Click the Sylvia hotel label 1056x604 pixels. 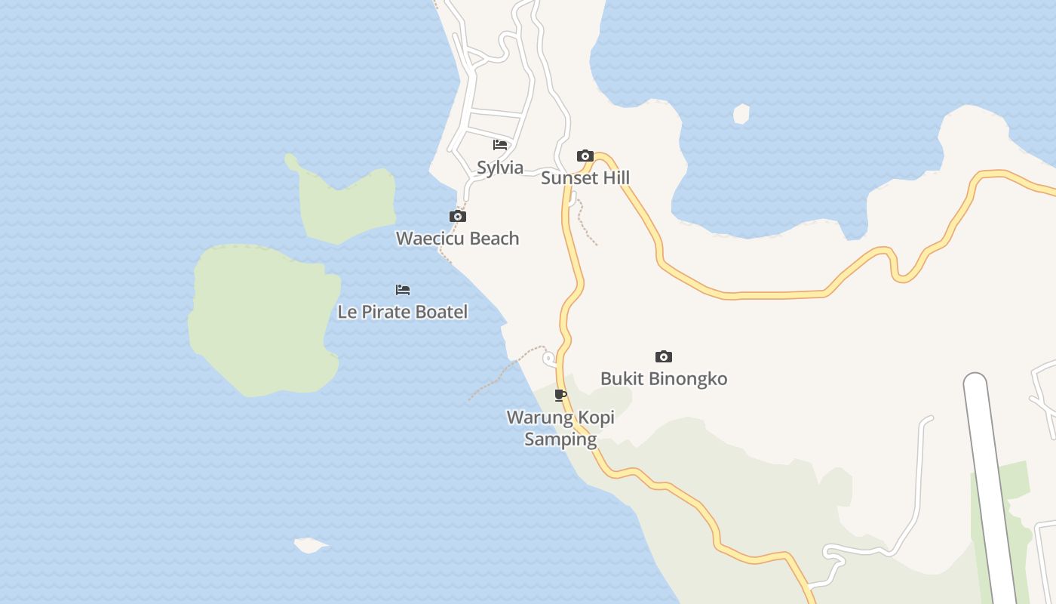[x=500, y=168]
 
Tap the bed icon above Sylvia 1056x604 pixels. [x=500, y=144]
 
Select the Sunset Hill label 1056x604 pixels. [x=585, y=178]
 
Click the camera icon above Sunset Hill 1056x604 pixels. [x=585, y=156]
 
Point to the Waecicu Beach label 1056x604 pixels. [x=457, y=239]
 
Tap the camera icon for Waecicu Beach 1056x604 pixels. [x=457, y=217]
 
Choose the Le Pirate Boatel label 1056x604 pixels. [x=402, y=312]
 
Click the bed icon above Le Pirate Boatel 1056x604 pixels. [x=403, y=290]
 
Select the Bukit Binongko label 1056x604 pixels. [x=664, y=379]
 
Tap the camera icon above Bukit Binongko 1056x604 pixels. [x=664, y=357]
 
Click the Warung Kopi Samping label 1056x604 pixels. [x=560, y=428]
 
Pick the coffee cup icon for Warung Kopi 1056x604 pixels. [x=560, y=395]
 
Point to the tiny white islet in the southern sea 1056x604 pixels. [x=309, y=544]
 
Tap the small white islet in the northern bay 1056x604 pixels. [x=741, y=114]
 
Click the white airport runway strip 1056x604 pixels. [x=993, y=491]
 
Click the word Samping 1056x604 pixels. [x=560, y=439]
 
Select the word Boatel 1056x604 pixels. [x=442, y=312]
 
